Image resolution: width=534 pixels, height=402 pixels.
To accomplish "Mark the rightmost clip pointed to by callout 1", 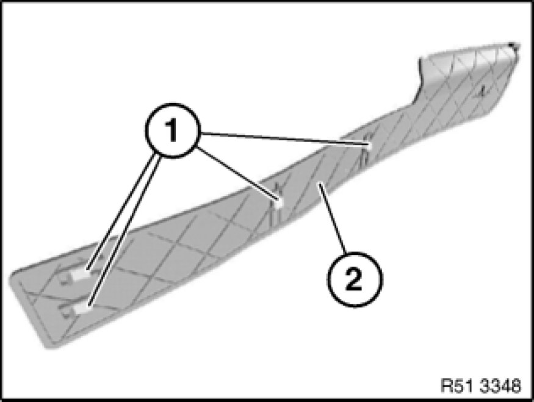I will coord(369,145).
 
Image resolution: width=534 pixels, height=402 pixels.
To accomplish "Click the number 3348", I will coord(502,386).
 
